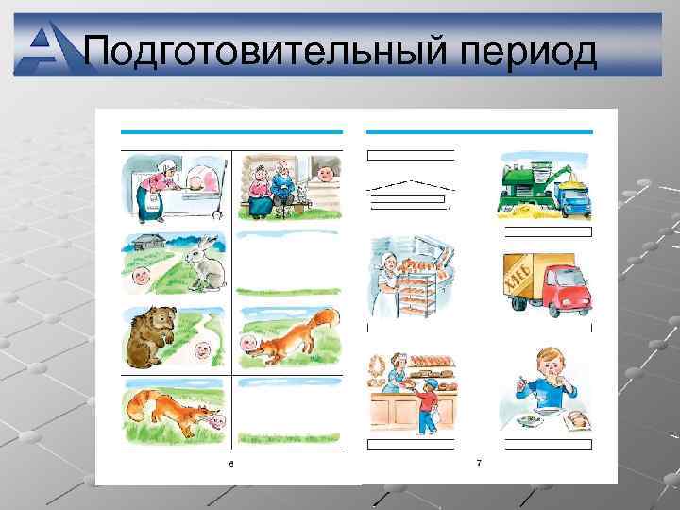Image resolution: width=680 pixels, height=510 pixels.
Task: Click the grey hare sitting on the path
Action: [x=206, y=265]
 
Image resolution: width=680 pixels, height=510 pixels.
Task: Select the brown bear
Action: [x=151, y=335]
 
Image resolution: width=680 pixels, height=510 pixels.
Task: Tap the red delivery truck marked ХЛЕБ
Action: [x=549, y=282]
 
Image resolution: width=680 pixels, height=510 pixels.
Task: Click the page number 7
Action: [x=479, y=463]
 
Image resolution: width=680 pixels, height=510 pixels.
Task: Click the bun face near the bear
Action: [x=201, y=350]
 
